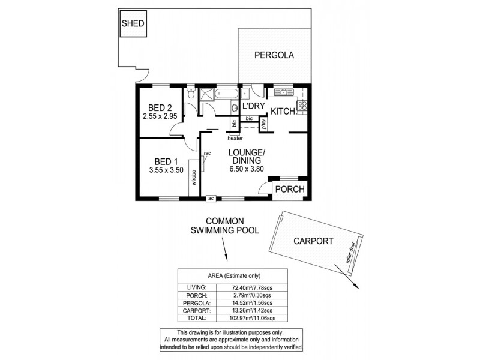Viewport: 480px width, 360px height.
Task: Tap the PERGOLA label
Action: [x=274, y=55]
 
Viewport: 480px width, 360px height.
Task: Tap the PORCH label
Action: [x=289, y=190]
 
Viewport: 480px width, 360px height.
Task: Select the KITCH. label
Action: [x=282, y=111]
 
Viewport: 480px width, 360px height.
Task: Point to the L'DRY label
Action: [x=254, y=107]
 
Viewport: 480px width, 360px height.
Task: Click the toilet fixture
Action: [x=190, y=94]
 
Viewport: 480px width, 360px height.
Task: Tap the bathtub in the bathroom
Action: [x=226, y=94]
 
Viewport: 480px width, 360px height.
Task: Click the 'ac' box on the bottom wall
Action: [x=211, y=197]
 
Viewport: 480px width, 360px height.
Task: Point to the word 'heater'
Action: [x=235, y=138]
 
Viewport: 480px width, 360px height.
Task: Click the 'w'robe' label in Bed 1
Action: [x=194, y=178]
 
